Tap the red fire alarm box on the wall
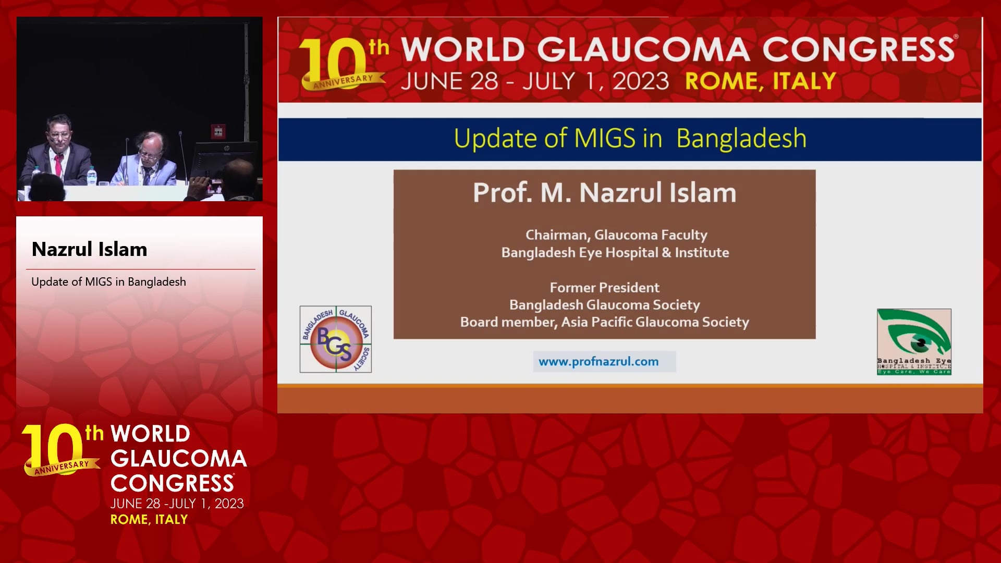[218, 131]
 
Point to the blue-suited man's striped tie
[147, 174]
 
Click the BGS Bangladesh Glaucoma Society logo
[336, 339]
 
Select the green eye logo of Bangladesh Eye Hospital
[914, 341]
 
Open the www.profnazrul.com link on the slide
[599, 361]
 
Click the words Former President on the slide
[604, 287]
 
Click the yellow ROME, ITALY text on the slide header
[761, 82]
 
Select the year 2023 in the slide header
[640, 81]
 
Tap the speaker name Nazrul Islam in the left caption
[89, 249]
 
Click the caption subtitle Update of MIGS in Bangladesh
[108, 282]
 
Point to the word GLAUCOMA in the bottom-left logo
[178, 459]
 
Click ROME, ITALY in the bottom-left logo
[149, 519]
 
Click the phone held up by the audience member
[215, 184]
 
